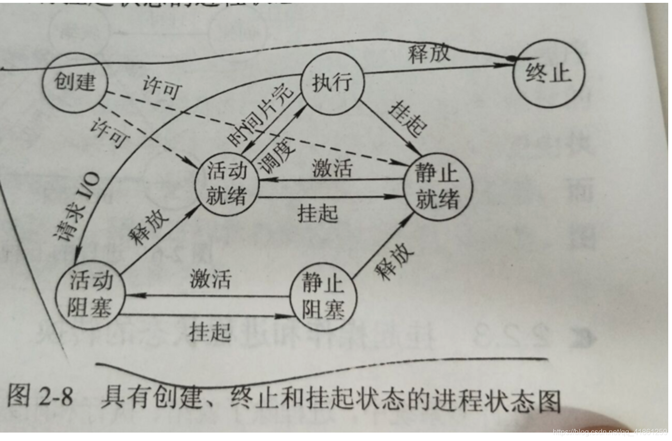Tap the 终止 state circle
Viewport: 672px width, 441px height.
(x=548, y=74)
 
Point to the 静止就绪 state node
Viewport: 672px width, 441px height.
(x=437, y=186)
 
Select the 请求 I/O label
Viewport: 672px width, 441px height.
(x=77, y=206)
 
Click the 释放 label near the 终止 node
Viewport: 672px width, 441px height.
(x=428, y=53)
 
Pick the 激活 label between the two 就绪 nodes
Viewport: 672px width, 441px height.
(x=332, y=168)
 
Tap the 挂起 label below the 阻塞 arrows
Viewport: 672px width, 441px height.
(x=210, y=332)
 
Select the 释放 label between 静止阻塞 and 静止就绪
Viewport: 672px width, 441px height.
(x=394, y=260)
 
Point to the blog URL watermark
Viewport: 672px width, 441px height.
(x=610, y=432)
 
